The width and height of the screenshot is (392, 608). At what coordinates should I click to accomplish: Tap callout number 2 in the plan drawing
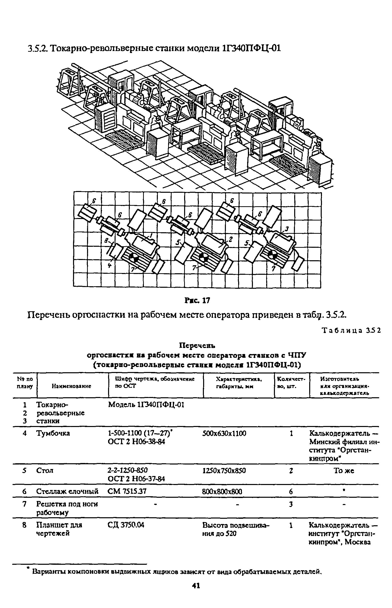[x=231, y=239]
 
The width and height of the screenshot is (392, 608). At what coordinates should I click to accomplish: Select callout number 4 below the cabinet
[x=110, y=265]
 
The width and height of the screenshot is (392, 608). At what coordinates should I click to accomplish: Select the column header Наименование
[x=72, y=386]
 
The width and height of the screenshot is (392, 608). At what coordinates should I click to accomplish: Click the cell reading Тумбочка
[x=53, y=433]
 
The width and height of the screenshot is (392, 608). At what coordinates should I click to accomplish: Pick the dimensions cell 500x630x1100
[x=224, y=433]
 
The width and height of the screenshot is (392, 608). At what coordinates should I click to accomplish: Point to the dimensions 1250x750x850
[x=224, y=471]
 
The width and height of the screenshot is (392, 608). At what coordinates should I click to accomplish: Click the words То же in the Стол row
[x=344, y=471]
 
